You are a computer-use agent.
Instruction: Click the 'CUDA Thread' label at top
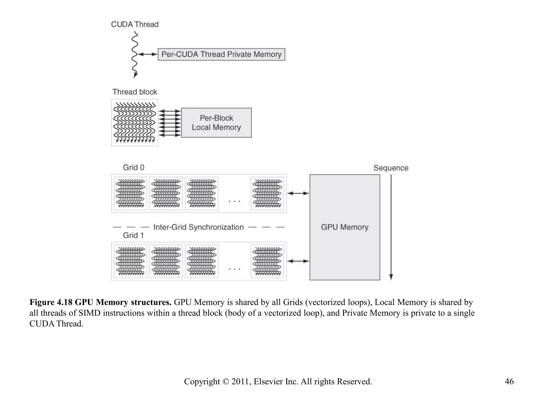point(135,24)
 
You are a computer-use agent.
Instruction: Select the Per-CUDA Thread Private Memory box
point(221,54)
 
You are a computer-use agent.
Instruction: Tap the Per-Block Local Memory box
point(216,122)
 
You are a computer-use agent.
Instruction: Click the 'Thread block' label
point(135,92)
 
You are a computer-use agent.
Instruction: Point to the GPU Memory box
point(344,227)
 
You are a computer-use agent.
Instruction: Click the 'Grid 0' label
point(133,167)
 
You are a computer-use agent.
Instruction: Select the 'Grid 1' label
point(133,235)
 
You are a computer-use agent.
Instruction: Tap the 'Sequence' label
point(391,168)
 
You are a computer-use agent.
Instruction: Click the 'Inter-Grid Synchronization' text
point(198,227)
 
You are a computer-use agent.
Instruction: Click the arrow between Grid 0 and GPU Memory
point(298,193)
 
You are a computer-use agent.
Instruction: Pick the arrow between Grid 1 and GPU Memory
point(298,261)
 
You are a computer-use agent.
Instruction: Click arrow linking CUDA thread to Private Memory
point(147,54)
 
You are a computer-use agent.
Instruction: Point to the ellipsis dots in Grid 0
point(234,201)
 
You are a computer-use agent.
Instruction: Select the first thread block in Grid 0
point(130,193)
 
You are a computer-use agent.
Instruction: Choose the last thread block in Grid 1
point(267,261)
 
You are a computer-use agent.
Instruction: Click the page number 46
point(509,381)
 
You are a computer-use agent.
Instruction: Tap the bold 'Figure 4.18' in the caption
point(51,302)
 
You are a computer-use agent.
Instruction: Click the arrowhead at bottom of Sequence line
point(391,277)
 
